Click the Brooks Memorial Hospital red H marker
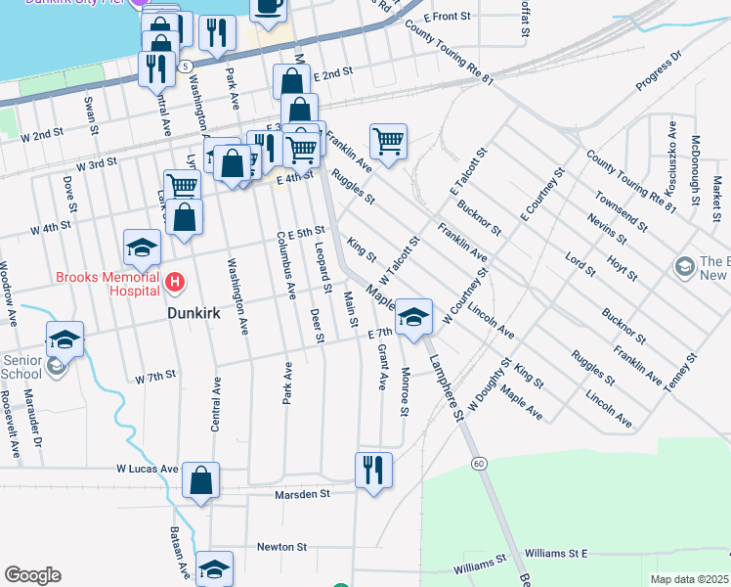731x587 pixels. tap(175, 283)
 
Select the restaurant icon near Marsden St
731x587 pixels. tap(373, 471)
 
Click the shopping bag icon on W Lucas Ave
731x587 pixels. tap(200, 480)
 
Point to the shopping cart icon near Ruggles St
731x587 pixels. tap(389, 141)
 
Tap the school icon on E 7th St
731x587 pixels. tap(414, 317)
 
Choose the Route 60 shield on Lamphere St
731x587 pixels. tap(478, 462)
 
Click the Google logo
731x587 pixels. tap(32, 575)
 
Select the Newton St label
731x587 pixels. tap(282, 547)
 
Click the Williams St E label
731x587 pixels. tap(556, 554)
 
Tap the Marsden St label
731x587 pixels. tap(305, 494)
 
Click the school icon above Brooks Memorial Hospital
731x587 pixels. tap(142, 248)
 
